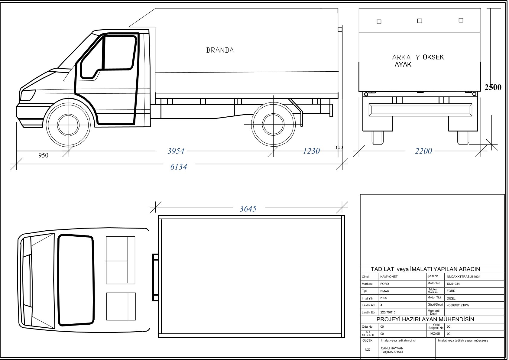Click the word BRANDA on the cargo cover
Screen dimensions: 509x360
click(x=220, y=50)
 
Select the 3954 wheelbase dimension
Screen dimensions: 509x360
click(x=176, y=151)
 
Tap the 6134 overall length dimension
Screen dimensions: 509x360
click(x=179, y=167)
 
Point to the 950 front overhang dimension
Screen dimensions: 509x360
click(x=44, y=155)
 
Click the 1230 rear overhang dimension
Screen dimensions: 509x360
click(x=311, y=151)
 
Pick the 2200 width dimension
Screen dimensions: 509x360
click(x=423, y=151)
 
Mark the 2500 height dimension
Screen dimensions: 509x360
click(x=493, y=87)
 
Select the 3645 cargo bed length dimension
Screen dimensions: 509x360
click(x=248, y=209)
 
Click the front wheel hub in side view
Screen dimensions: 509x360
click(x=68, y=125)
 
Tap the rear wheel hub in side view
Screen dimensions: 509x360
click(x=273, y=124)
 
